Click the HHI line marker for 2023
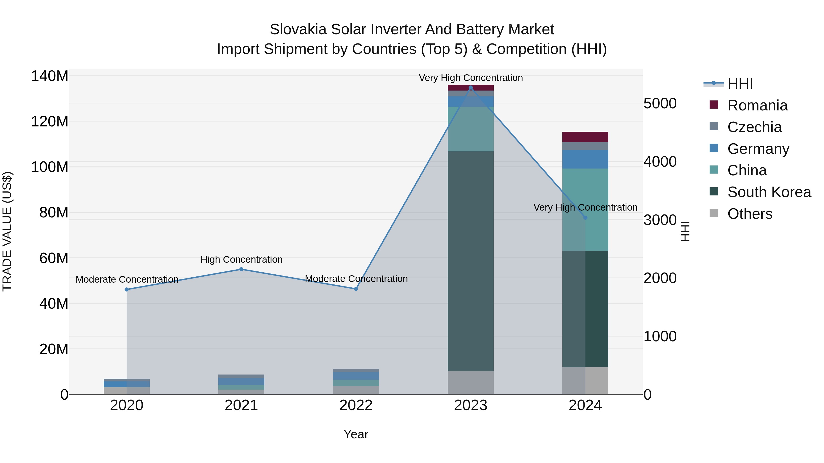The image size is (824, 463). [x=471, y=88]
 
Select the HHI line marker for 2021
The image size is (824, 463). [x=241, y=269]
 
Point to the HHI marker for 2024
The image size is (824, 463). [x=585, y=218]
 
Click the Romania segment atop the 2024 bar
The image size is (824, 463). [x=585, y=137]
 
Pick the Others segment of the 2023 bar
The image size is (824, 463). [x=471, y=383]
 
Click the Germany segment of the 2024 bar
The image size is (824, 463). [x=585, y=159]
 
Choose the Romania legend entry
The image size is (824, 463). [x=757, y=105]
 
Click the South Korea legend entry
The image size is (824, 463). [x=769, y=192]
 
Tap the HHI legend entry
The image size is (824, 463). [x=740, y=84]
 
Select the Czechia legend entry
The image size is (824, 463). [x=754, y=127]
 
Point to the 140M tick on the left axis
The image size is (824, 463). [x=50, y=76]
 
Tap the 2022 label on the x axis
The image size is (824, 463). [x=356, y=405]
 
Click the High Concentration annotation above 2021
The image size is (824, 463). [x=241, y=260]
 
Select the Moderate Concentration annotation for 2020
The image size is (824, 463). [x=127, y=279]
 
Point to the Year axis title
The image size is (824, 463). [x=356, y=434]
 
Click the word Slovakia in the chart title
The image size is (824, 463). [x=298, y=29]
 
